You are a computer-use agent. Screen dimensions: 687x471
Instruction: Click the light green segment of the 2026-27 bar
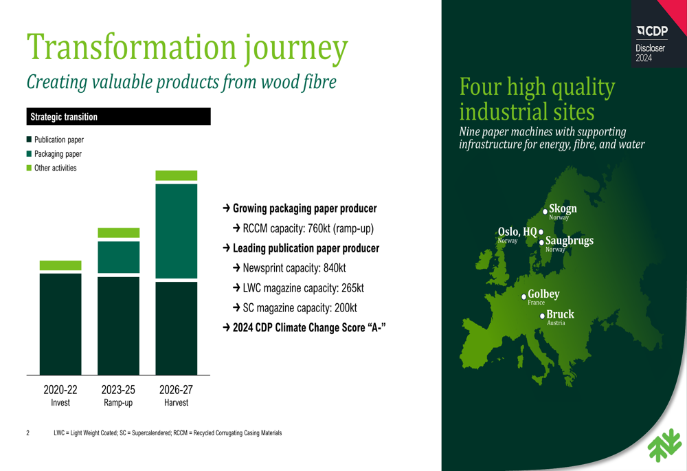point(176,175)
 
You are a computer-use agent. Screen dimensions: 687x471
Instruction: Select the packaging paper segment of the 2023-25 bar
point(118,257)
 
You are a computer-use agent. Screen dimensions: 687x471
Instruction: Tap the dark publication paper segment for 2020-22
point(60,324)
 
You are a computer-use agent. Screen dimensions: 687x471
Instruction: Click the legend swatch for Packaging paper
point(29,154)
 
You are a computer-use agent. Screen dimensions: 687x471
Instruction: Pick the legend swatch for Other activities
point(29,168)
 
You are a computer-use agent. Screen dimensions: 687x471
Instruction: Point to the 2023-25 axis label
point(118,389)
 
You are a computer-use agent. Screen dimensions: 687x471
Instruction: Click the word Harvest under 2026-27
point(176,403)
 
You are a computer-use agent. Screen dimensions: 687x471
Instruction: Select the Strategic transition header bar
point(118,117)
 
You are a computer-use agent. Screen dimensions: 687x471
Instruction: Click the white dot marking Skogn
point(545,211)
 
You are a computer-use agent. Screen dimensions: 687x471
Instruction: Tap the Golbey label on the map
point(543,294)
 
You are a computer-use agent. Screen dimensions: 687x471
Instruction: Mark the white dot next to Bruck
point(543,316)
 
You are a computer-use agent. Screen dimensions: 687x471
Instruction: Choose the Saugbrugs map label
point(570,241)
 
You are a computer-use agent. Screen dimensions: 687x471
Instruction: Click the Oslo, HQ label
point(517,232)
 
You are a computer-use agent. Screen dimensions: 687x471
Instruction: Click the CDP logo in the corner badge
point(653,31)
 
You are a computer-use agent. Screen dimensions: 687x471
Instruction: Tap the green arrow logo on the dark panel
point(664,446)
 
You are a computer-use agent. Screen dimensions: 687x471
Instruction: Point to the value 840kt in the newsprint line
point(335,268)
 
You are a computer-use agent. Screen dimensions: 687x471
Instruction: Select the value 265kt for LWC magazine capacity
point(352,288)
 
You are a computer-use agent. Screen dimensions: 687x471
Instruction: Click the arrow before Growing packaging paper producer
point(227,208)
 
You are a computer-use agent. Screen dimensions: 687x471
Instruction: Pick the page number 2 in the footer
point(28,433)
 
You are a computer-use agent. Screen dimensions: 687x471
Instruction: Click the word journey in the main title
point(295,48)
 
